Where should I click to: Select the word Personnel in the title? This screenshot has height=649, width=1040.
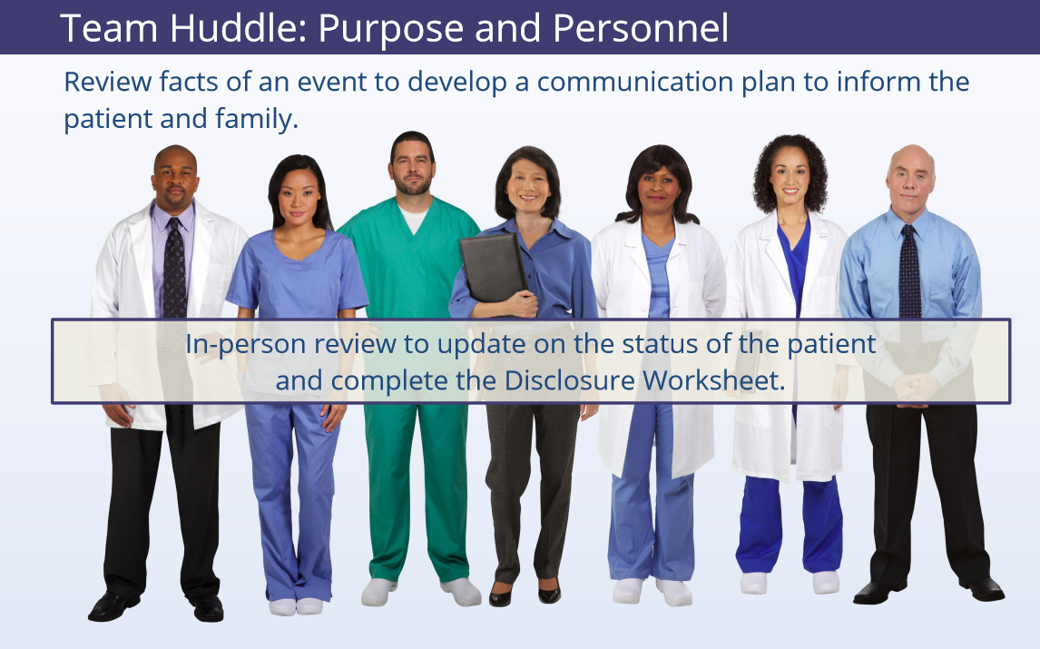[641, 28]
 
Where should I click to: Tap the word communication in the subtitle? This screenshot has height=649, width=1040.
[634, 82]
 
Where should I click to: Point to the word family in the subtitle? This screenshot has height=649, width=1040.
[257, 120]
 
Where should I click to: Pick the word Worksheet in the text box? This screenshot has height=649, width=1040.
[713, 380]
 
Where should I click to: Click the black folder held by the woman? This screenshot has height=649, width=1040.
[493, 268]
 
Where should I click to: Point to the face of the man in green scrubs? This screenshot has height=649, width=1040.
[413, 168]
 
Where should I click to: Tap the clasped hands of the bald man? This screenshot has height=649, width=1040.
[917, 388]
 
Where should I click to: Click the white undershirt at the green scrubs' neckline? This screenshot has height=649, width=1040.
[413, 219]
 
